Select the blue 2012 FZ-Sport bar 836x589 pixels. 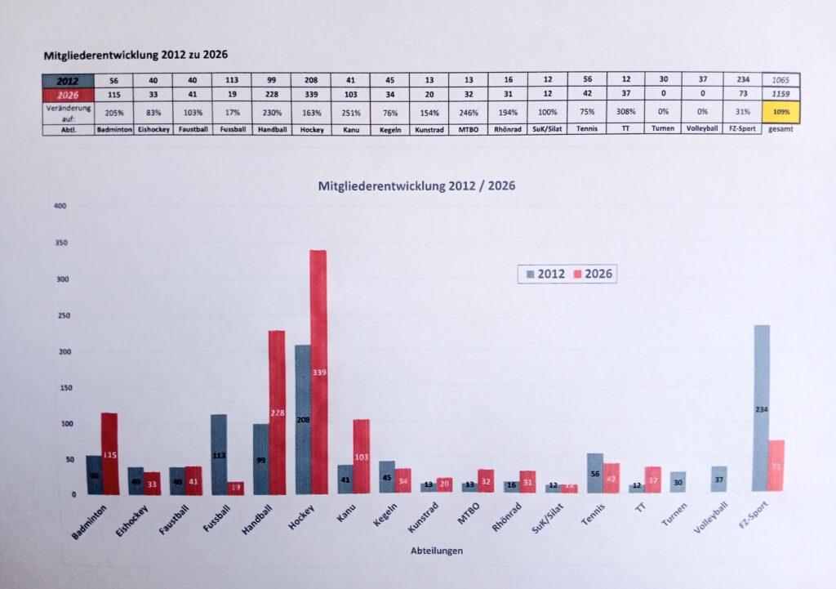pos(761,408)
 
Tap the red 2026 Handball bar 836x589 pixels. pos(276,413)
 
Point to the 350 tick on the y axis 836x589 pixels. pos(59,243)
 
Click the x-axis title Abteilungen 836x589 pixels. pos(436,551)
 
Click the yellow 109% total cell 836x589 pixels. pos(780,111)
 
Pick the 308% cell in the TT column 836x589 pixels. pos(625,111)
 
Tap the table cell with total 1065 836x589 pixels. pos(780,79)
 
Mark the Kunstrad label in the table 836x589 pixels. pos(429,129)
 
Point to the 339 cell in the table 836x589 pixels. pos(310,94)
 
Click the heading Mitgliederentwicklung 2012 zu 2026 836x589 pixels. pos(135,56)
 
